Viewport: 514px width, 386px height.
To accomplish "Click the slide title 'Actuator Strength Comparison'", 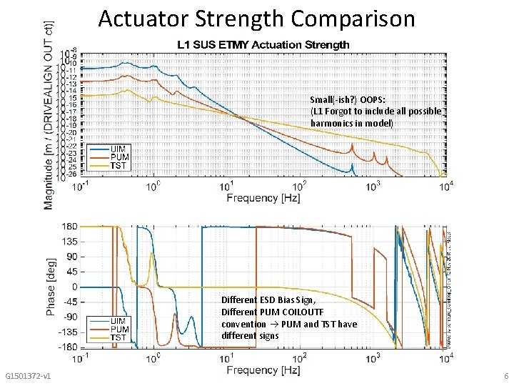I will click(256, 19).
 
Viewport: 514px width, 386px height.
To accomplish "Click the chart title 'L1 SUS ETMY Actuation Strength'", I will click(263, 45).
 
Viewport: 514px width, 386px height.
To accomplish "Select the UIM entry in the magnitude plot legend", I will click(118, 149).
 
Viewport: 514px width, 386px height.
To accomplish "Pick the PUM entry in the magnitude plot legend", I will click(119, 157).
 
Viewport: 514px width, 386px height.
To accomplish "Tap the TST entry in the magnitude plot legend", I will click(118, 166).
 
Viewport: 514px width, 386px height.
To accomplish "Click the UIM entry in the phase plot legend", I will click(118, 320).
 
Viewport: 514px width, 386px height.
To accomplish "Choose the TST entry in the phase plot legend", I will click(118, 337).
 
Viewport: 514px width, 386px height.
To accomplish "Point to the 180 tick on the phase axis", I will click(69, 227).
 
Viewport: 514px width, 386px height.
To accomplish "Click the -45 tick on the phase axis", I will click(69, 302).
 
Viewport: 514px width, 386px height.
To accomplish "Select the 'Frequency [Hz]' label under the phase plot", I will click(263, 370).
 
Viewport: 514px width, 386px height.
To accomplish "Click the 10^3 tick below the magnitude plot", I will click(373, 186).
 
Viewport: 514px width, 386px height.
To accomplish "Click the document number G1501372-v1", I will click(27, 376).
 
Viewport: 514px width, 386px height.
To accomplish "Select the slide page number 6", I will click(505, 376).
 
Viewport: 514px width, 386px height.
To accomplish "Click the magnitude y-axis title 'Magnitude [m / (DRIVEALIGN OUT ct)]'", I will click(49, 114).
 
